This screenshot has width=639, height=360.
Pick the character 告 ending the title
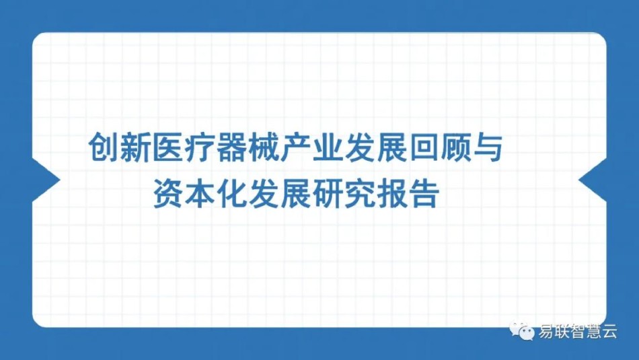(x=424, y=194)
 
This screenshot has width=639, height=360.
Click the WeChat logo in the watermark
(x=522, y=330)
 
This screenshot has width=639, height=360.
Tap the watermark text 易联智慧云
(x=578, y=330)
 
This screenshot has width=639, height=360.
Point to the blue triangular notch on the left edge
(x=46, y=180)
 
